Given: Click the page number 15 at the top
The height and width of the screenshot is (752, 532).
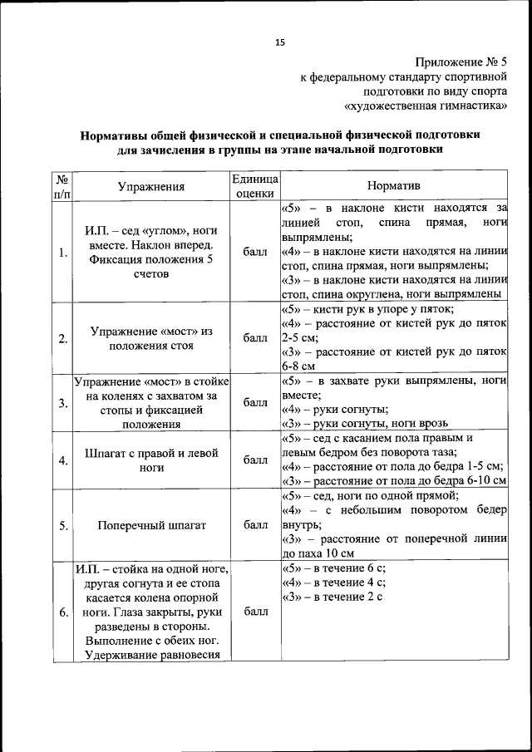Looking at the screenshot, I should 280,42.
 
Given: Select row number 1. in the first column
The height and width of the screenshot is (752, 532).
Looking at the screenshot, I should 63,253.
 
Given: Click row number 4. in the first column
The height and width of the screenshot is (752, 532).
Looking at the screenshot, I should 63,460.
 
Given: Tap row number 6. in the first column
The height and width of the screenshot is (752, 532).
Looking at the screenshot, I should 63,612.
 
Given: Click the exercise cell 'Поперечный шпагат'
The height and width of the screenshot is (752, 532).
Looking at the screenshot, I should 152,525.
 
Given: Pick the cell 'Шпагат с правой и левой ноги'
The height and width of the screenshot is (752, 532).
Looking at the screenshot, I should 152,460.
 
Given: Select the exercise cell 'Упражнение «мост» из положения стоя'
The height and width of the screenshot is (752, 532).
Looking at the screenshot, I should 152,338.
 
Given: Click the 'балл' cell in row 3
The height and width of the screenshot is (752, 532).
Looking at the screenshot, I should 255,403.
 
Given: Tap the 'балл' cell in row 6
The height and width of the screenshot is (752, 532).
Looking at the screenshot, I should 255,612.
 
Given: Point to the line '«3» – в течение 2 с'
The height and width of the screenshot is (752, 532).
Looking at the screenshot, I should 332,597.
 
